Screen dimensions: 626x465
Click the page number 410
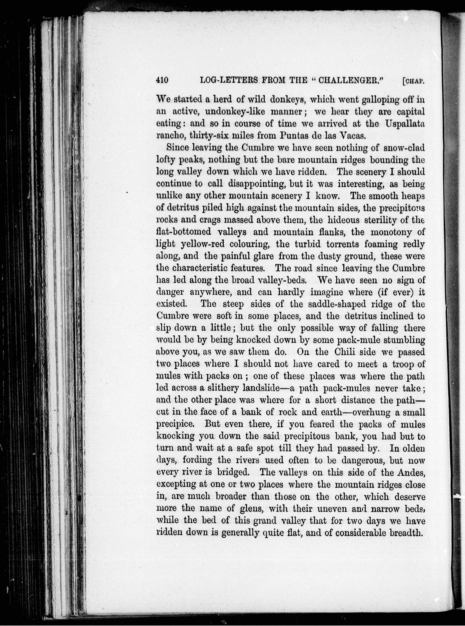coord(162,81)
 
